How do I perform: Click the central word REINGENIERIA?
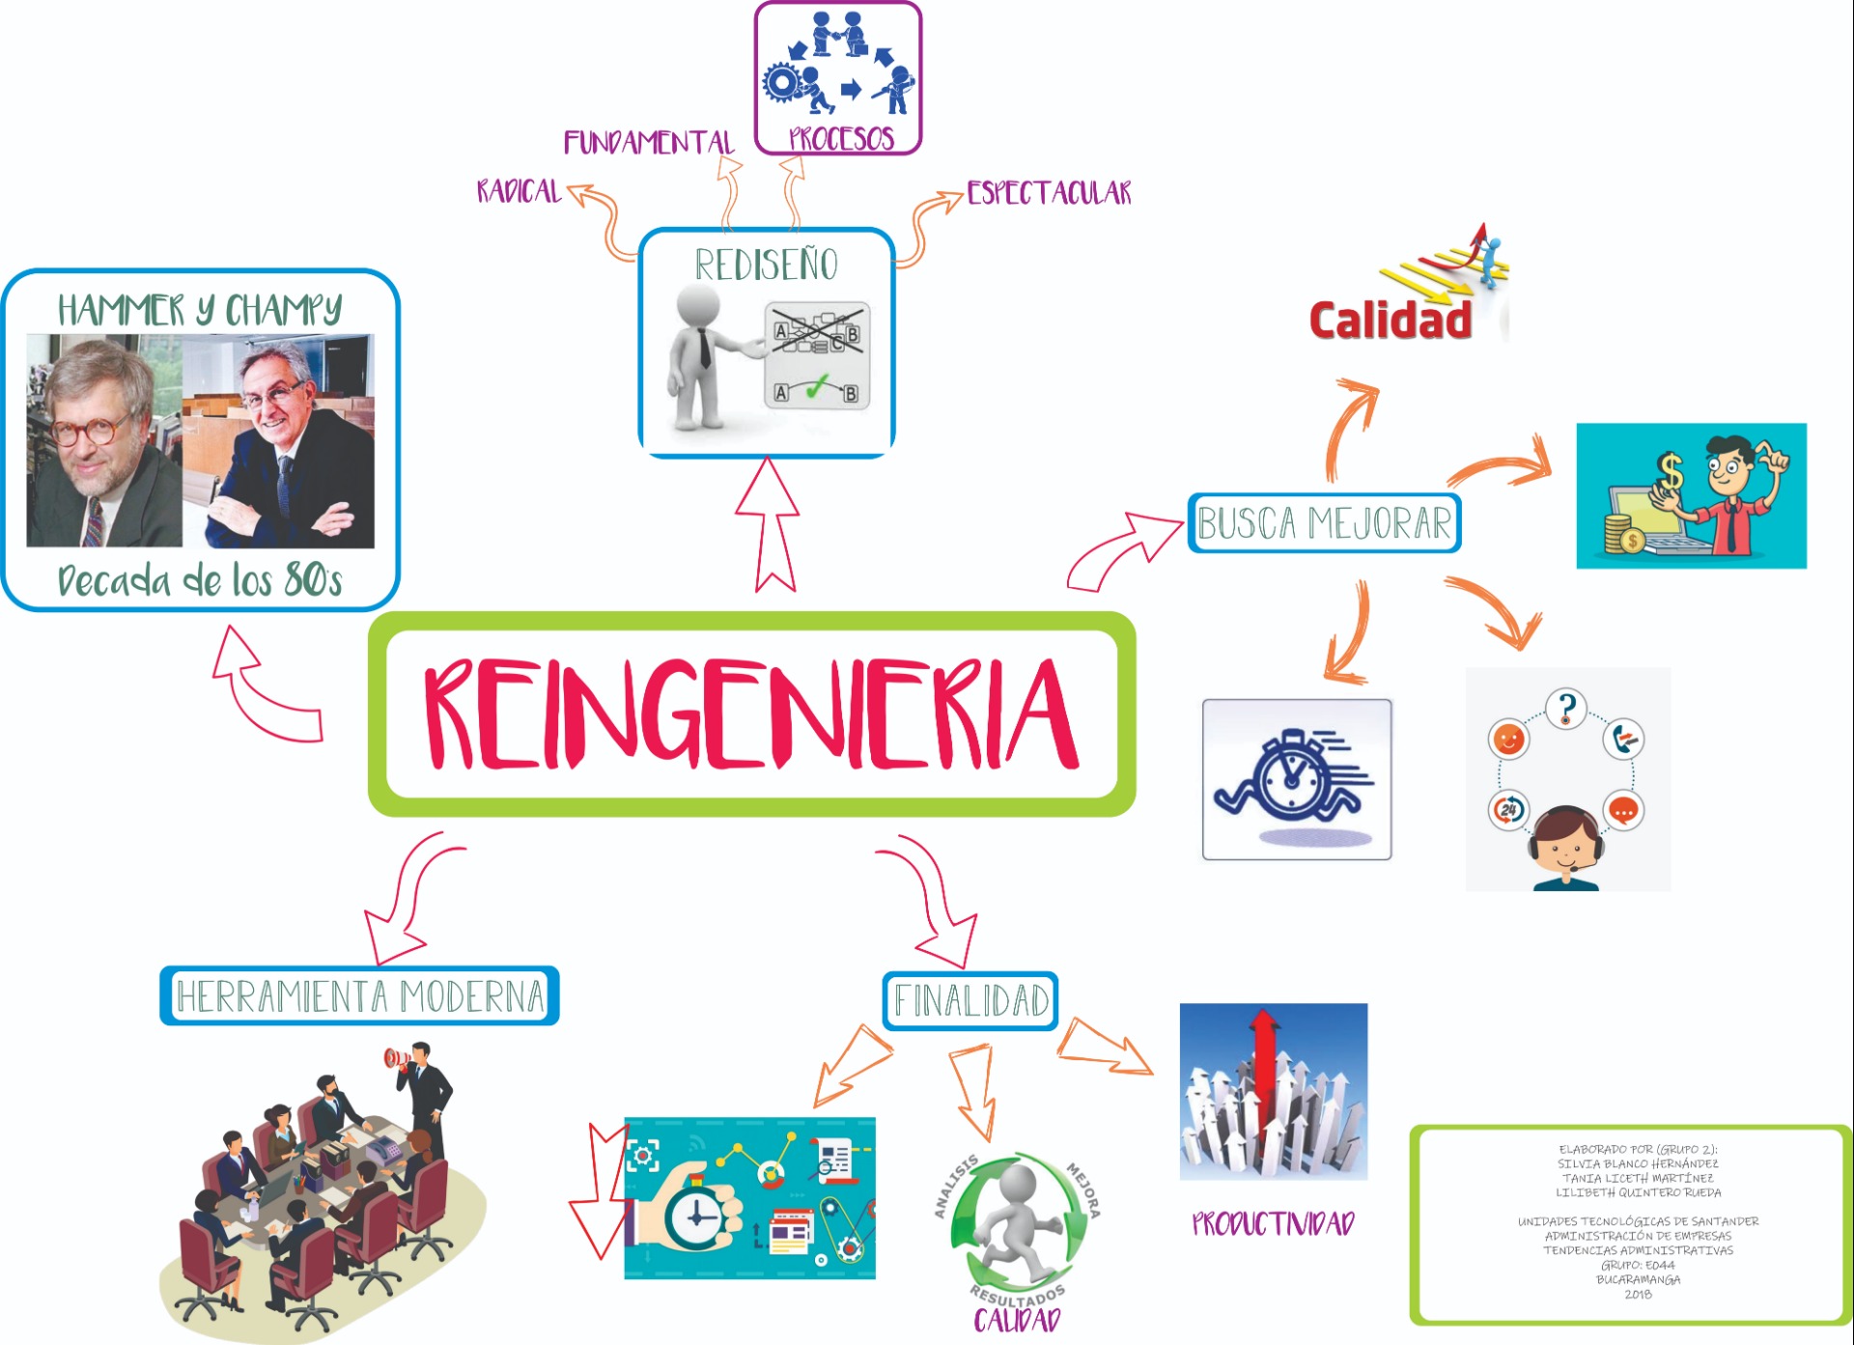[751, 715]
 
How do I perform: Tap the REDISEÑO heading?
[767, 265]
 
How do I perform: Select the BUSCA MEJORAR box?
[1324, 523]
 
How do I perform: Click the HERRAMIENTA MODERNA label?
[359, 995]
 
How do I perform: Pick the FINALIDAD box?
[970, 1001]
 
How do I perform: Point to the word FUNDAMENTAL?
[649, 143]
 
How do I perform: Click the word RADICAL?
[519, 191]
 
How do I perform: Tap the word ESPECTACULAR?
[1049, 193]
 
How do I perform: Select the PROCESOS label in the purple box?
[841, 139]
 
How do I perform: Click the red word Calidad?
[1390, 320]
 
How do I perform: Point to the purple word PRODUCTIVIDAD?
[1273, 1224]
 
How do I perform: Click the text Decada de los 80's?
[200, 580]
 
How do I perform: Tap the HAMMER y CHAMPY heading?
[200, 310]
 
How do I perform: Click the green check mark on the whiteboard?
[817, 387]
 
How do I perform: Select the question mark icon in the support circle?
[1566, 709]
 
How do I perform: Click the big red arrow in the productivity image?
[1265, 1062]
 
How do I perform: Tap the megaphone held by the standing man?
[397, 1058]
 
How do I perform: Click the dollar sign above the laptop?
[1670, 473]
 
